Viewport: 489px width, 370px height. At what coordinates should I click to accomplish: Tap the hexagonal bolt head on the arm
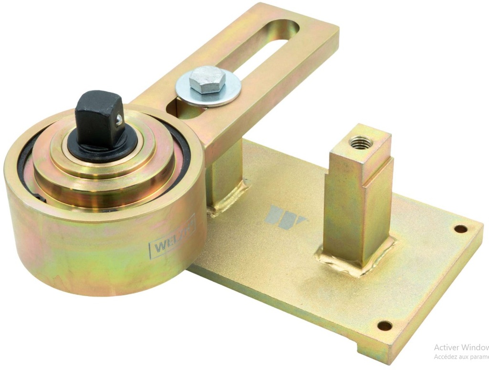click(x=206, y=81)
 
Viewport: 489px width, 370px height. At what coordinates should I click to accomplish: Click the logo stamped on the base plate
click(x=286, y=217)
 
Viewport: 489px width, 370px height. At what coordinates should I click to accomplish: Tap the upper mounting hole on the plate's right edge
click(x=460, y=229)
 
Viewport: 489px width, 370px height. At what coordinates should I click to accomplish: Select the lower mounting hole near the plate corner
click(x=384, y=326)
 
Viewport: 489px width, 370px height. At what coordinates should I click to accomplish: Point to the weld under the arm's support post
click(x=229, y=197)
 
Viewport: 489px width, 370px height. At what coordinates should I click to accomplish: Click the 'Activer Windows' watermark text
click(x=460, y=348)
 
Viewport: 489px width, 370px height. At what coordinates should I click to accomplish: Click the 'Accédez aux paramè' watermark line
click(x=460, y=357)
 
